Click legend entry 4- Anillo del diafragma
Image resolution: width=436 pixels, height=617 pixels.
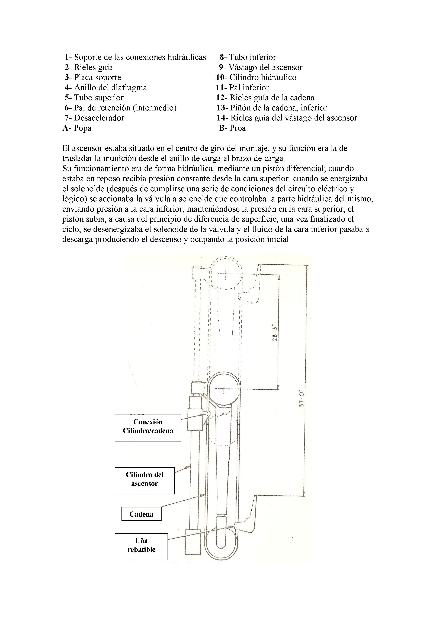click(x=106, y=88)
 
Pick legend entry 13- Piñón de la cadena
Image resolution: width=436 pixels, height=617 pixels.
click(x=272, y=108)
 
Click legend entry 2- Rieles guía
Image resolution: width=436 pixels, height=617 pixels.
click(x=89, y=67)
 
